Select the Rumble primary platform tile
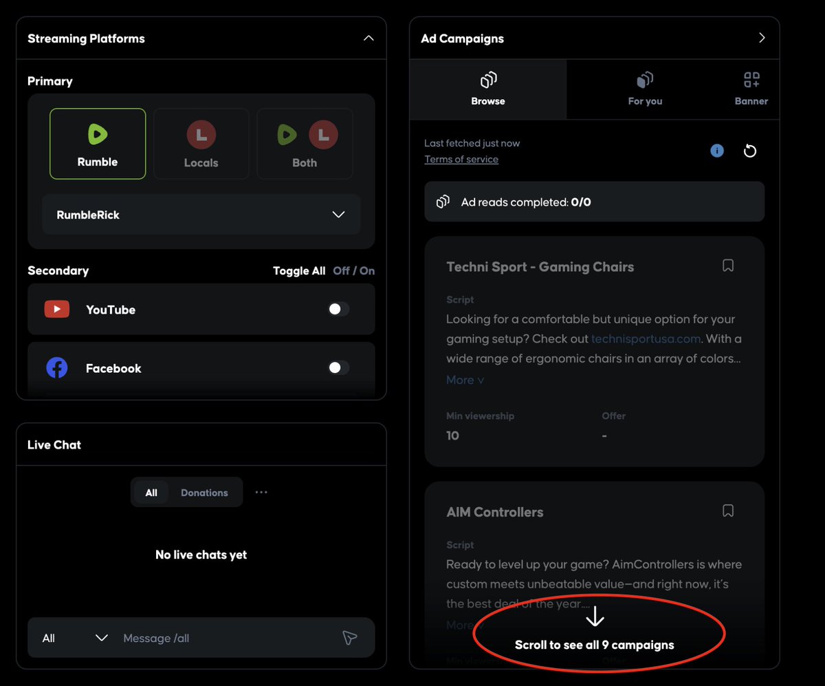[98, 144]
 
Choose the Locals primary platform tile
[201, 144]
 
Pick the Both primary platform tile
[305, 144]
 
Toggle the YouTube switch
[338, 310]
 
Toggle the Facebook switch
[338, 368]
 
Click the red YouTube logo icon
[56, 310]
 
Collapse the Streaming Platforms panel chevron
[368, 39]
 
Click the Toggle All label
[299, 271]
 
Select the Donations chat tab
[204, 493]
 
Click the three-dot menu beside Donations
[261, 493]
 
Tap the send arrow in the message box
[349, 638]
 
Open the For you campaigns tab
[645, 89]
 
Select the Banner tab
[751, 89]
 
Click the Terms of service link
[461, 160]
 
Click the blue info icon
[717, 151]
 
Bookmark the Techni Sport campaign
[728, 266]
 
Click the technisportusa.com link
[646, 339]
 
